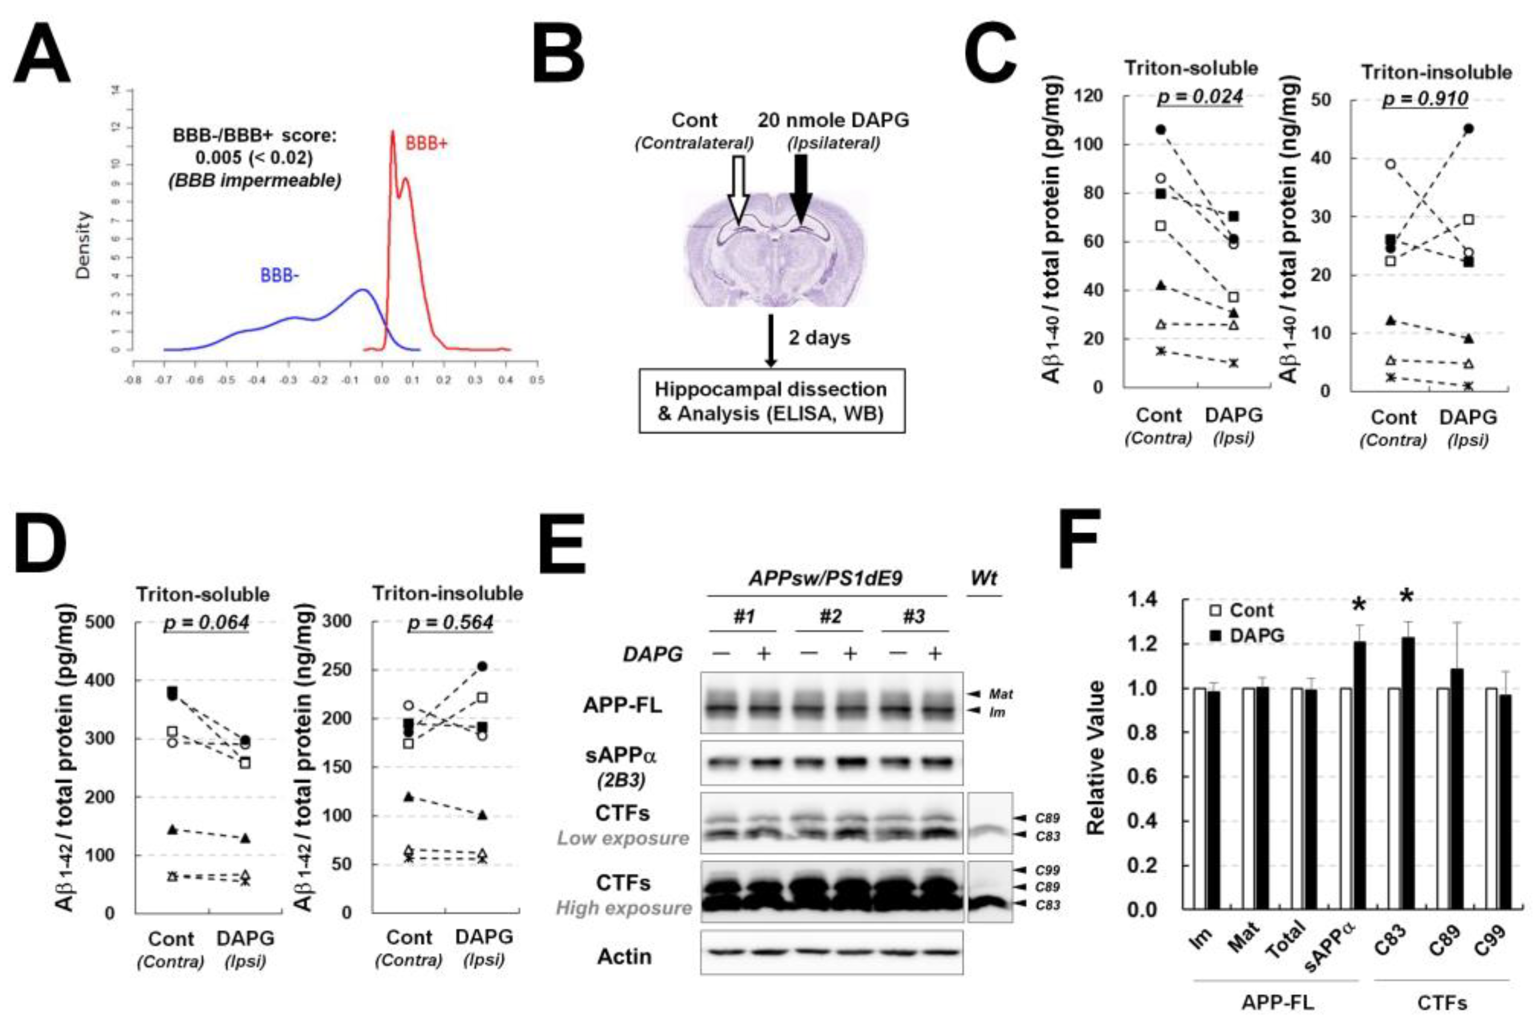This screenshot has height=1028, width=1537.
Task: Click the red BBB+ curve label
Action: click(x=426, y=144)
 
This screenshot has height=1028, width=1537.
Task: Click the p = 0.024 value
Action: click(x=1199, y=97)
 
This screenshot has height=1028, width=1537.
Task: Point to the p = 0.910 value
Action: click(x=1425, y=99)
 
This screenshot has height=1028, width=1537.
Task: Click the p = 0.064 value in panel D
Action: click(x=206, y=622)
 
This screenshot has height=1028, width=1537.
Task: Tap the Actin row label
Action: click(x=624, y=956)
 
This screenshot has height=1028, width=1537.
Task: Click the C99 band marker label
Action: click(x=1047, y=871)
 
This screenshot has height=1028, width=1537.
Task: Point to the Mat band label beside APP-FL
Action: click(x=1000, y=694)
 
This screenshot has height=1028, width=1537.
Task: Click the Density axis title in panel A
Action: click(x=83, y=245)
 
